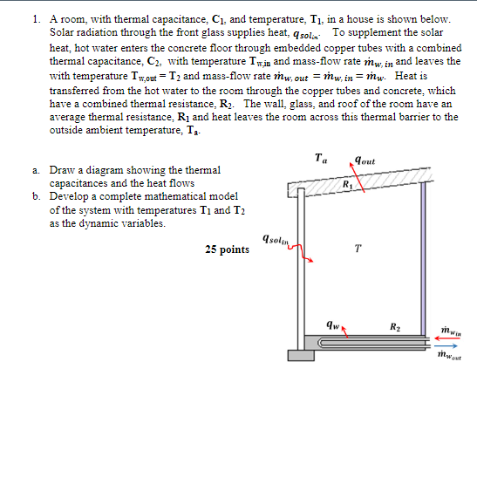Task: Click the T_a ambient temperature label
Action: click(322, 160)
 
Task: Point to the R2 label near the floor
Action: click(395, 330)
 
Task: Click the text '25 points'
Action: click(227, 249)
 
